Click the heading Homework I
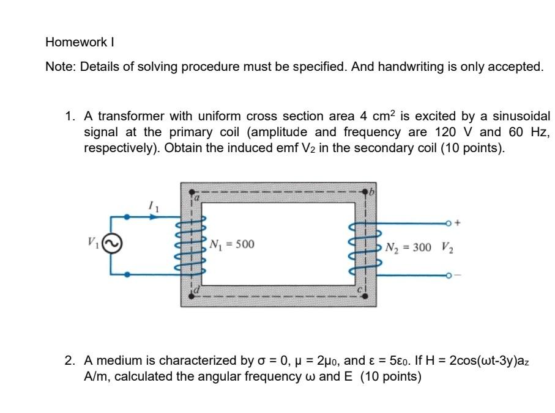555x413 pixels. pyautogui.click(x=80, y=43)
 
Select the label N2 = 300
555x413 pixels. pyautogui.click(x=408, y=247)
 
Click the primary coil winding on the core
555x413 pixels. pyautogui.click(x=193, y=245)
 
